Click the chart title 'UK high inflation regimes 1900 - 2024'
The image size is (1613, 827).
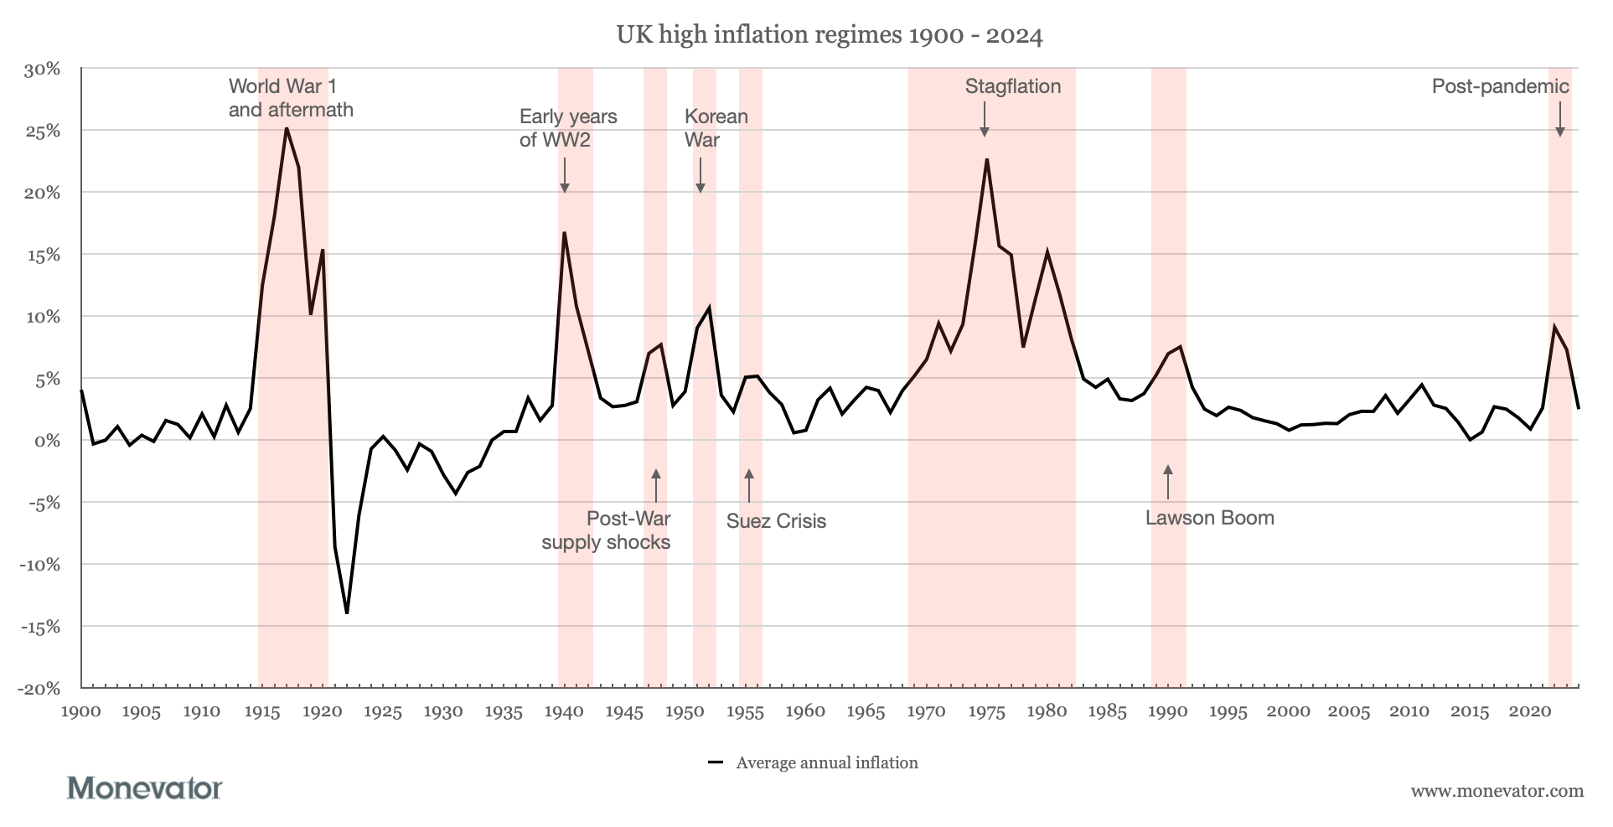point(829,35)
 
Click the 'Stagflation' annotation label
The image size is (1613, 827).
point(1012,86)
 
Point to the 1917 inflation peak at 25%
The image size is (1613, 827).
point(287,128)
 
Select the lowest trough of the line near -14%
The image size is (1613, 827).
point(347,612)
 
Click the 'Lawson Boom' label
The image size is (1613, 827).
point(1209,518)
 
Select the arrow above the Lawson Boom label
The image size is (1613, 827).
point(1168,482)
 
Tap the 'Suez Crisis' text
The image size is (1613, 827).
point(776,521)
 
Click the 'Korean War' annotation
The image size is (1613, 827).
point(716,128)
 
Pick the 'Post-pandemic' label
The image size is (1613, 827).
point(1500,86)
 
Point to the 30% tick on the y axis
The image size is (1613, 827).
point(41,69)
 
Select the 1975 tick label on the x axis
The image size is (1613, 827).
point(986,712)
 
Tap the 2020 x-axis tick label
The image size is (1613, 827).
point(1530,712)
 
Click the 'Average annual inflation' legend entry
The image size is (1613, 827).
point(826,763)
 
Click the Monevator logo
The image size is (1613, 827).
point(144,788)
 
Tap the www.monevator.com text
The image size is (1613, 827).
point(1497,791)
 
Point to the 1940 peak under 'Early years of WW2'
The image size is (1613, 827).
point(564,233)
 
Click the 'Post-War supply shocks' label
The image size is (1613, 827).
point(607,530)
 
